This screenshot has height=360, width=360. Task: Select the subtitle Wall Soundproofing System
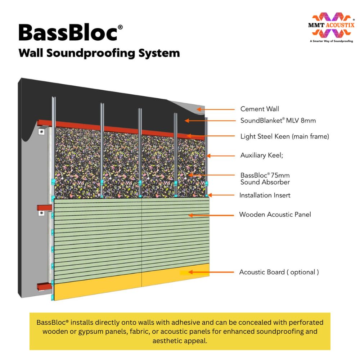click(x=99, y=53)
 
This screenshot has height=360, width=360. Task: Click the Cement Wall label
click(x=260, y=109)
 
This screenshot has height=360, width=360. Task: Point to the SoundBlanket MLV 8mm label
click(x=278, y=121)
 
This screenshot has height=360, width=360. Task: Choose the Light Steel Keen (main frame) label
click(x=284, y=136)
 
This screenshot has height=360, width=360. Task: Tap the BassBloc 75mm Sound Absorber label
click(x=265, y=179)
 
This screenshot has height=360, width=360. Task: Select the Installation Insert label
click(x=265, y=195)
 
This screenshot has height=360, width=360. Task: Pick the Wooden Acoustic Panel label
click(x=275, y=215)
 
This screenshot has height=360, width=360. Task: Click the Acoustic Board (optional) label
click(x=279, y=272)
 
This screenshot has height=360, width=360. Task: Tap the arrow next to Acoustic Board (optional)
click(x=209, y=272)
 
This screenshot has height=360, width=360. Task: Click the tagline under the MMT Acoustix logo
click(x=331, y=41)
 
